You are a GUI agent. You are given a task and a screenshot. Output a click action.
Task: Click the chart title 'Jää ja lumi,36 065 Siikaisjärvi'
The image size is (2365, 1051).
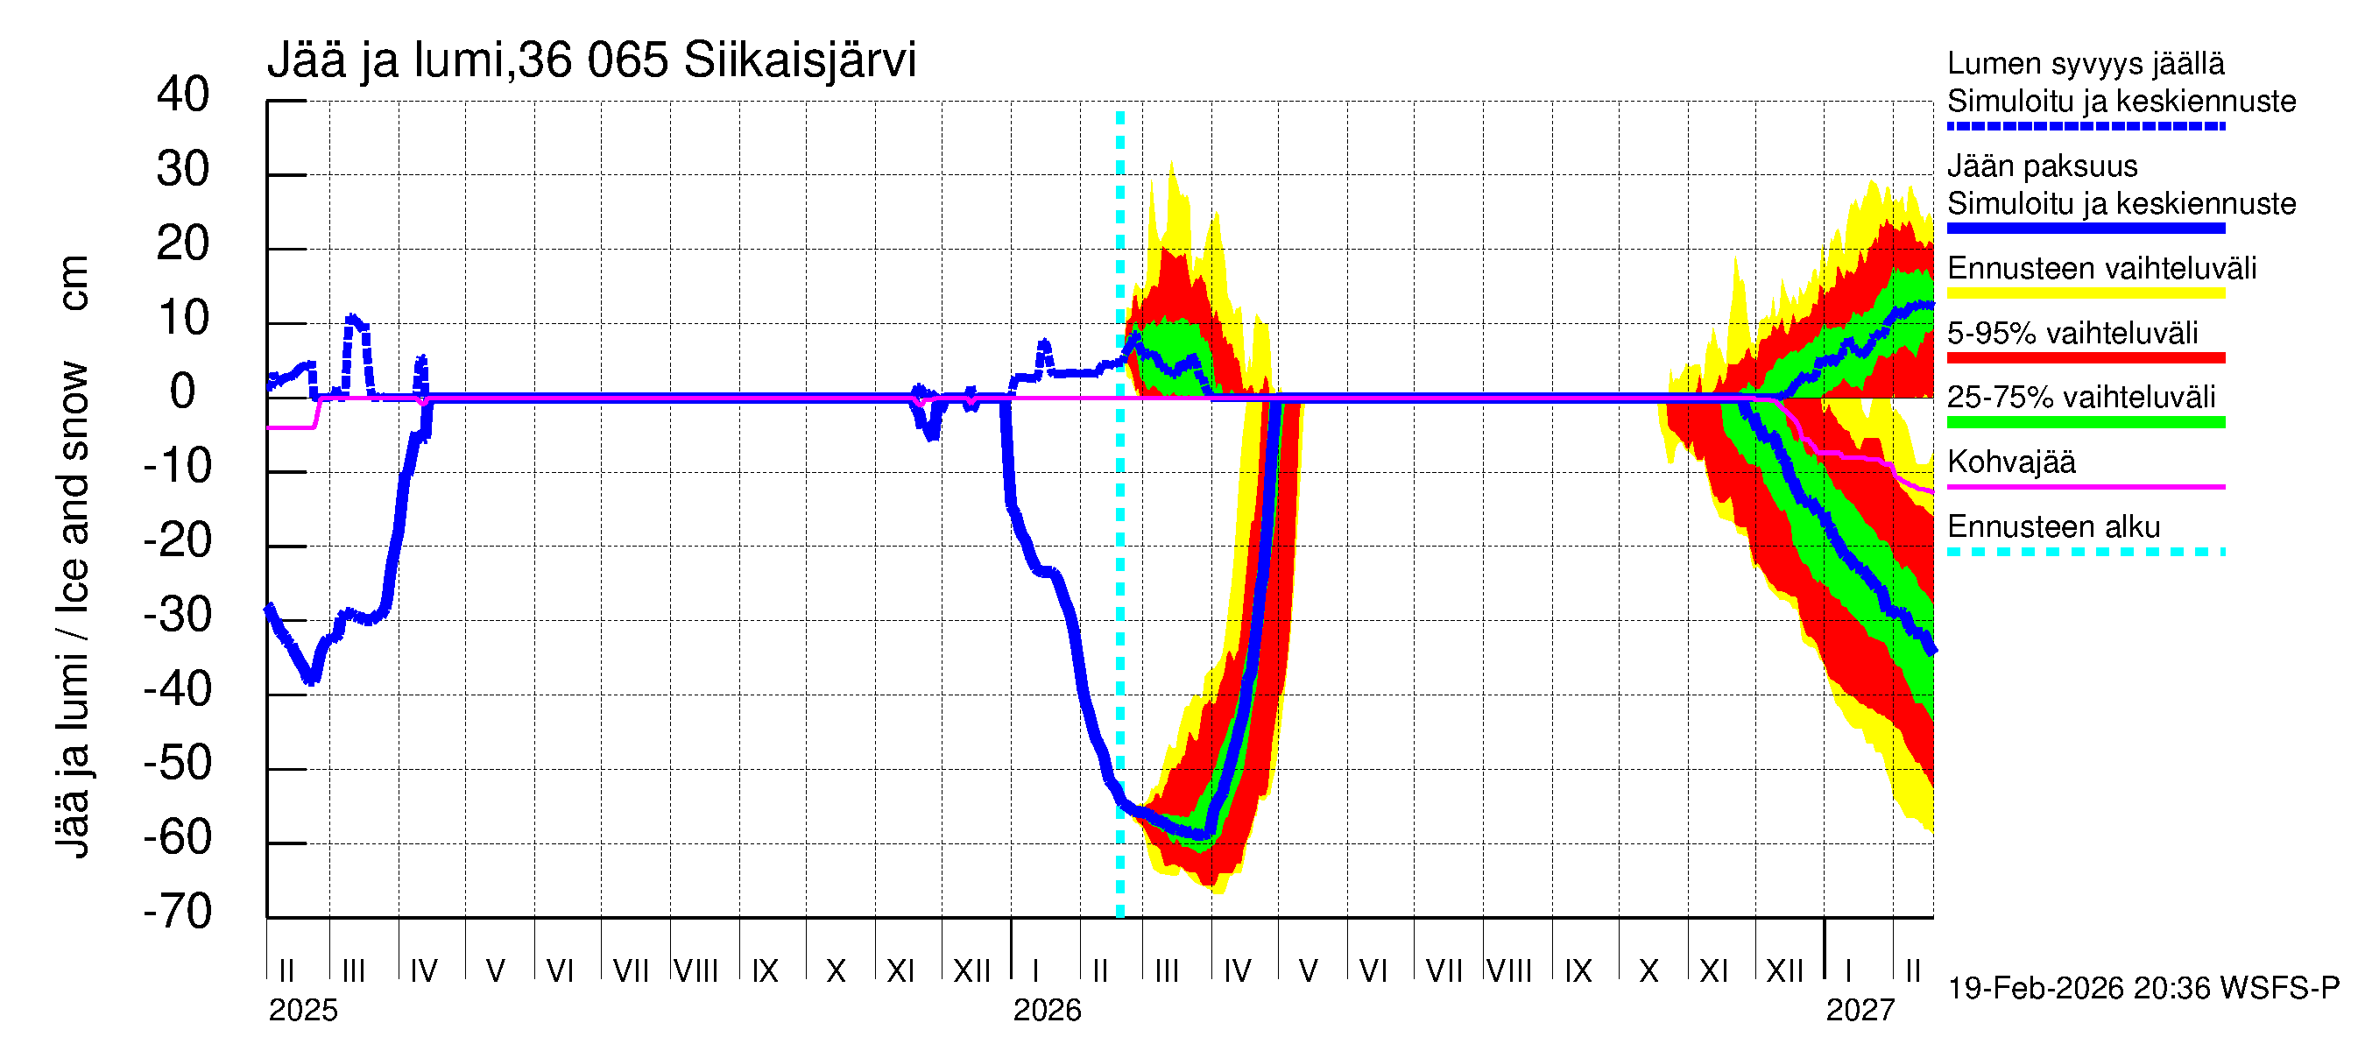[591, 60]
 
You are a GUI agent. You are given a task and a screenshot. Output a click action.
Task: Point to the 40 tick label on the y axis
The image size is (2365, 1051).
[183, 95]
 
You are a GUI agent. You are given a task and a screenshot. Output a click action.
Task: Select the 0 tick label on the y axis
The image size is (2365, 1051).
[183, 392]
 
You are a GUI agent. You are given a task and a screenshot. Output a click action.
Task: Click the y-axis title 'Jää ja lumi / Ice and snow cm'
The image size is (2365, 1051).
[73, 556]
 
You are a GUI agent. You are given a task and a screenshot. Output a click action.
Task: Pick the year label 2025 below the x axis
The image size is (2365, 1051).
[303, 1011]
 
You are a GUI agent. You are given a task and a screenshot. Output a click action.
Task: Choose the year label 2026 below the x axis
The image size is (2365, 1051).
[1047, 1011]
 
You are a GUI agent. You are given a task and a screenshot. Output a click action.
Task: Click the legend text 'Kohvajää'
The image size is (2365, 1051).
[2010, 462]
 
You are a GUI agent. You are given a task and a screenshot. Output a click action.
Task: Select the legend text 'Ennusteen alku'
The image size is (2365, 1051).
[2054, 527]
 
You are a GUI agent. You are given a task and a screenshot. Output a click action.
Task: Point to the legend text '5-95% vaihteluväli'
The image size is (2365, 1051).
[2072, 333]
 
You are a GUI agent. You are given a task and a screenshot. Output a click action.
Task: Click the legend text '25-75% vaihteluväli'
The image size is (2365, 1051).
[2081, 398]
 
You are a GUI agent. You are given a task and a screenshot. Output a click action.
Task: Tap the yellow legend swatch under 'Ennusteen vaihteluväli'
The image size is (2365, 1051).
[2086, 293]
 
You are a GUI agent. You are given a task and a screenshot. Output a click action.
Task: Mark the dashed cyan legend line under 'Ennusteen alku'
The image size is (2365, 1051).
[2086, 553]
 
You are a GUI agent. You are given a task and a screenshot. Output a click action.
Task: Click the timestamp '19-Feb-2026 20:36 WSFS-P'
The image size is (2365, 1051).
[2143, 989]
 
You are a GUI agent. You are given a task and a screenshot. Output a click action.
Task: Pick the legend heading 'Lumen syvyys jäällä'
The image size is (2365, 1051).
[2086, 64]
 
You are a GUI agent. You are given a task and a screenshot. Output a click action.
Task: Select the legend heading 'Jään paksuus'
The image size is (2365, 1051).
[2042, 166]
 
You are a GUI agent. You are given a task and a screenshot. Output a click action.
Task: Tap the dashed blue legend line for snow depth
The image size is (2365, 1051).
[2086, 127]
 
